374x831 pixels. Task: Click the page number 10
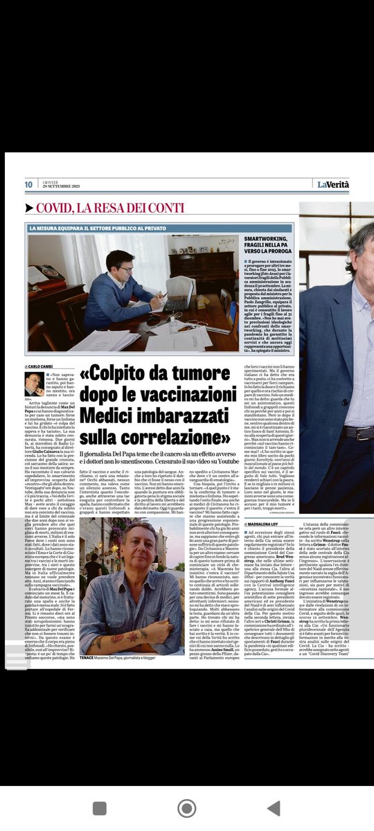click(x=29, y=184)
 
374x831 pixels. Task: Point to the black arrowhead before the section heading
click(x=29, y=208)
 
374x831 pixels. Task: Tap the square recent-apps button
click(x=100, y=807)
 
